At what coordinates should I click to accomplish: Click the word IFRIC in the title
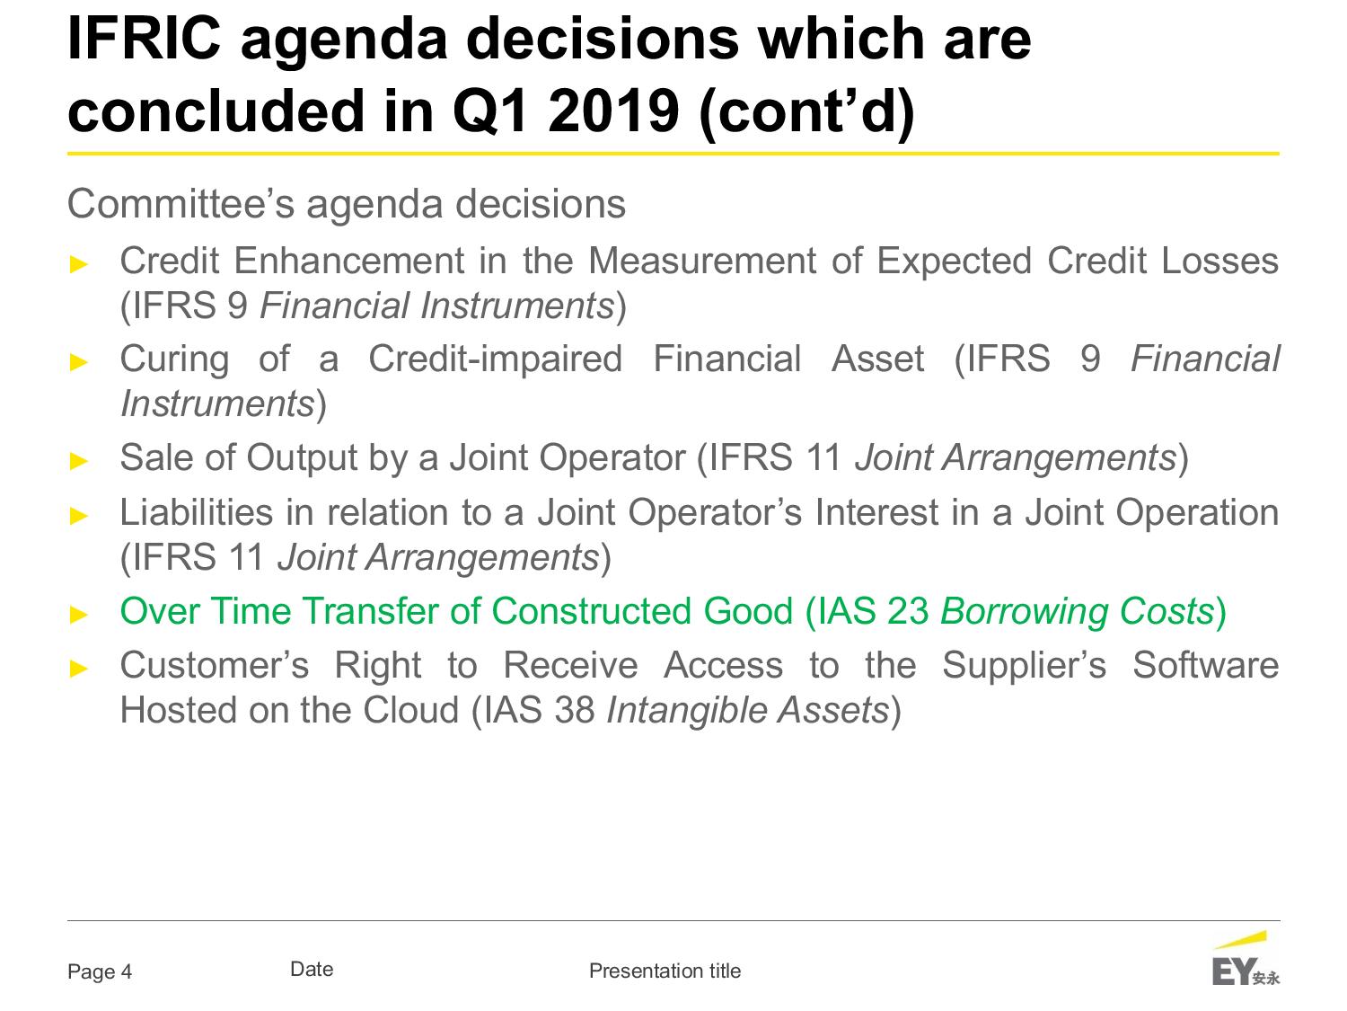tap(144, 39)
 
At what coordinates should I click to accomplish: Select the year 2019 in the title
tap(613, 111)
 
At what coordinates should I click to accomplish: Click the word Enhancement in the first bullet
tap(349, 261)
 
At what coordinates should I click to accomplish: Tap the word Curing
tap(175, 359)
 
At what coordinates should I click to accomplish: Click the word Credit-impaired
tap(495, 359)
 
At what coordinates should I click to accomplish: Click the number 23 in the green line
tap(908, 611)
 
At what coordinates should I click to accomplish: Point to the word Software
tap(1206, 665)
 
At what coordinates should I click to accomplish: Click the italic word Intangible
tap(685, 711)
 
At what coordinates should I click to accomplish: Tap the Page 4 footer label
tap(100, 971)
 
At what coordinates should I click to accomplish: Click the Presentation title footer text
tap(665, 971)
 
